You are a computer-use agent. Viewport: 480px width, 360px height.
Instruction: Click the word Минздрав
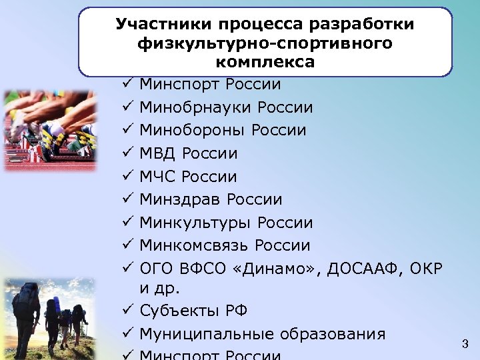180,199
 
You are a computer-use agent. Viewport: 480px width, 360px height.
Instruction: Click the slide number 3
465,344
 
